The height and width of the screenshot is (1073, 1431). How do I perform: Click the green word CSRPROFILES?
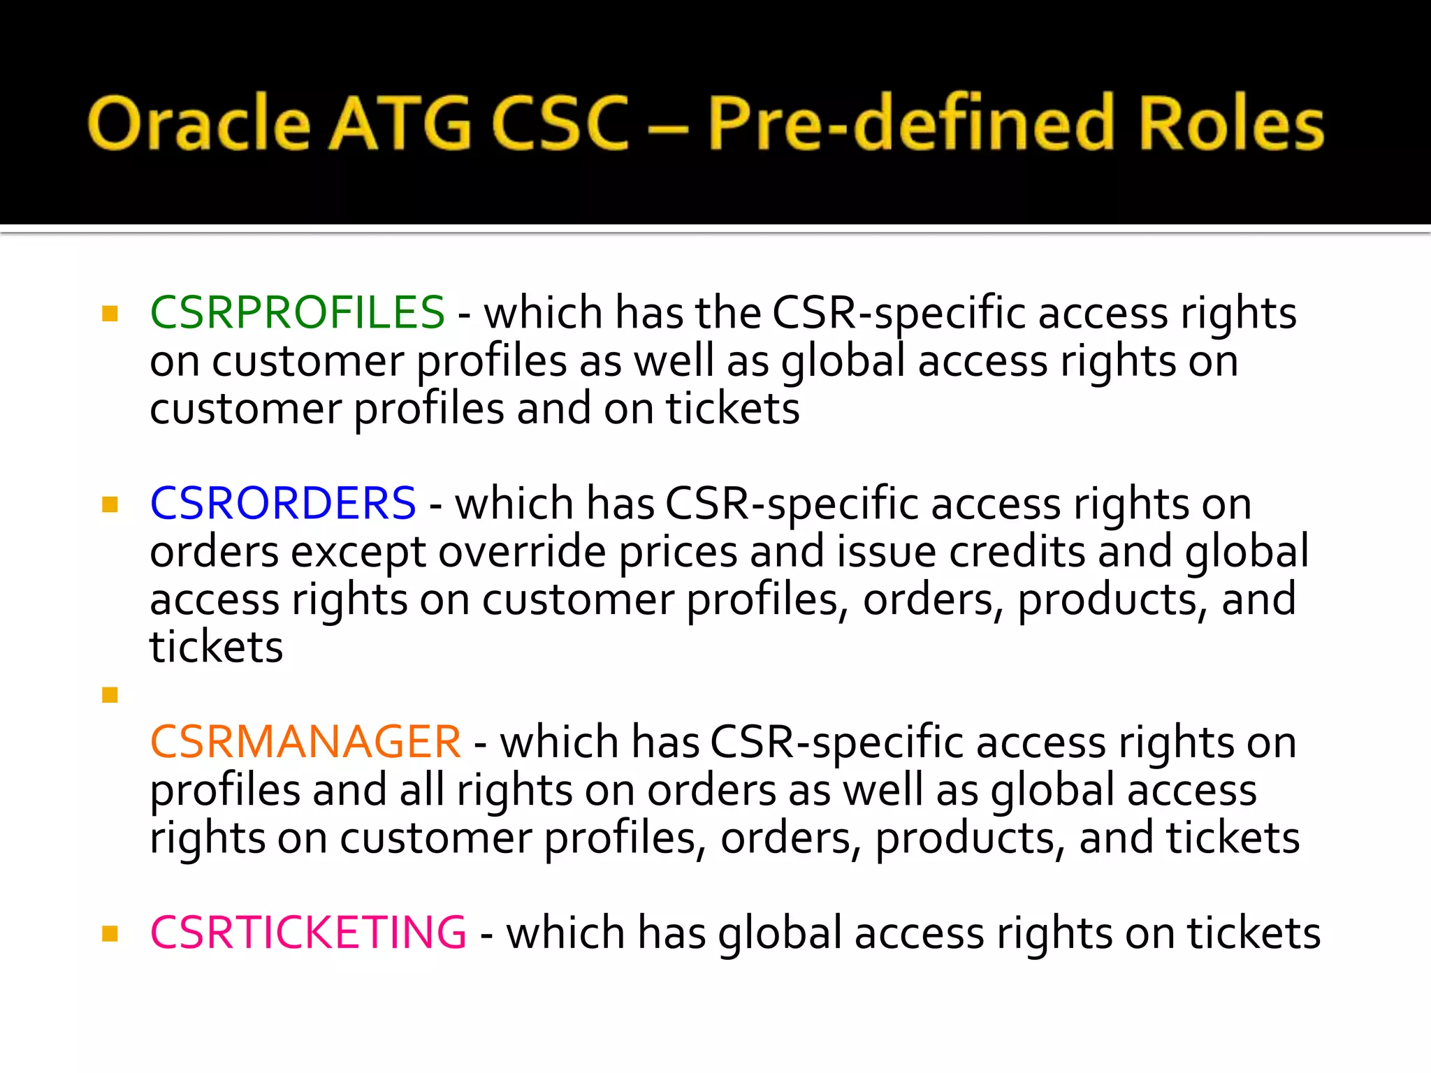click(297, 312)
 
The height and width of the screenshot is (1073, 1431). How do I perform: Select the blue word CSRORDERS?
click(283, 503)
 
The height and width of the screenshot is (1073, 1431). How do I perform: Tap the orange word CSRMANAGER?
click(305, 742)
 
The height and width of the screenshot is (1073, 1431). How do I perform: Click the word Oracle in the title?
click(198, 124)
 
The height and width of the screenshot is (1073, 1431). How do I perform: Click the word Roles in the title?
click(1230, 124)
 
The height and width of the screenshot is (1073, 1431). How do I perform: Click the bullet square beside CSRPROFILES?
click(110, 313)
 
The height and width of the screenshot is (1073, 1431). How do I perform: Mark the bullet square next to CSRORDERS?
click(110, 504)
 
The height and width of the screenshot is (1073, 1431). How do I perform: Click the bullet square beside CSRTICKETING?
click(110, 933)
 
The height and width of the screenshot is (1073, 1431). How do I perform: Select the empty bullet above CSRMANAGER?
click(110, 694)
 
